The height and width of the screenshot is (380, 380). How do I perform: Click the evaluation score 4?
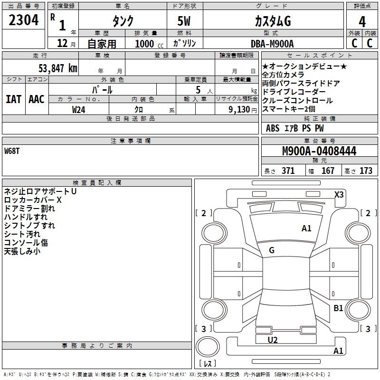tap(362, 21)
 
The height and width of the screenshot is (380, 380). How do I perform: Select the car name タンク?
tap(123, 21)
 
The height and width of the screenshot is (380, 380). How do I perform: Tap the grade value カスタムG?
tap(272, 21)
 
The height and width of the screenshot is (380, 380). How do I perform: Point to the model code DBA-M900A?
tap(272, 44)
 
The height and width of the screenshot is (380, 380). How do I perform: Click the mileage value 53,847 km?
tap(57, 68)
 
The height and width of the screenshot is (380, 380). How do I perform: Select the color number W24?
tap(78, 110)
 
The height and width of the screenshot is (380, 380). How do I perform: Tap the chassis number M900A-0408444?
tap(319, 152)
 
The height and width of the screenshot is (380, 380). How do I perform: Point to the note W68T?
tap(12, 151)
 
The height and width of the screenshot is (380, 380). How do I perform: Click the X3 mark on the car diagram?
tap(339, 194)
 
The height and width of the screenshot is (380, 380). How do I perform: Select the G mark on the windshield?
tap(272, 250)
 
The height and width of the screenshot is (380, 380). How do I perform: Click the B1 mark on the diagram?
tap(338, 308)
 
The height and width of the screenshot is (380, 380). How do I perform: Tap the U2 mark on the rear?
tap(273, 340)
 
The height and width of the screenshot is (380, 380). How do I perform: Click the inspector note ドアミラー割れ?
tap(29, 209)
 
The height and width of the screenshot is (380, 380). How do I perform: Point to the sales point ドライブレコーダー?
tap(294, 92)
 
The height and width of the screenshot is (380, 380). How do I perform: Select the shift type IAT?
tap(14, 99)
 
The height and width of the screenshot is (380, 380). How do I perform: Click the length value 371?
tap(288, 171)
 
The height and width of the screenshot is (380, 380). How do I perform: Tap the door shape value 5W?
tap(184, 21)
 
